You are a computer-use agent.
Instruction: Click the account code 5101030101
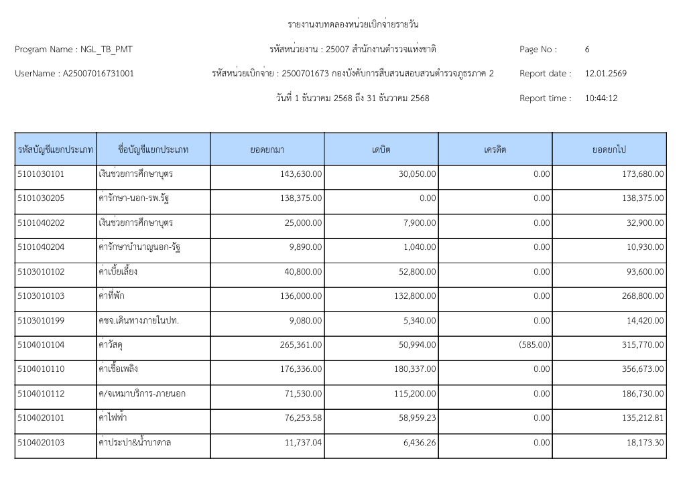pos(41,174)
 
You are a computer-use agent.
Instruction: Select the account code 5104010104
pos(41,345)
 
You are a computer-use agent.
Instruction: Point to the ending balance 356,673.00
pos(643,369)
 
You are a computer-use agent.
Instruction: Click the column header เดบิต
pos(381,149)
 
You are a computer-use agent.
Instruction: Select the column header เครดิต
pos(495,149)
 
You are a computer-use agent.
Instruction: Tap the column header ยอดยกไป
pos(609,149)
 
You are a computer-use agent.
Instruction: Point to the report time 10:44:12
pos(601,98)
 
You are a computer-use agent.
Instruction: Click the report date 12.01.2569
pos(605,74)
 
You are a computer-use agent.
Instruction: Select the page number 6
pos(587,50)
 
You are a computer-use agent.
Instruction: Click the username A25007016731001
pos(98,74)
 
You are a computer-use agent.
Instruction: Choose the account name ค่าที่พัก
pos(113,296)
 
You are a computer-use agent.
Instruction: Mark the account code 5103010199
pos(41,321)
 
